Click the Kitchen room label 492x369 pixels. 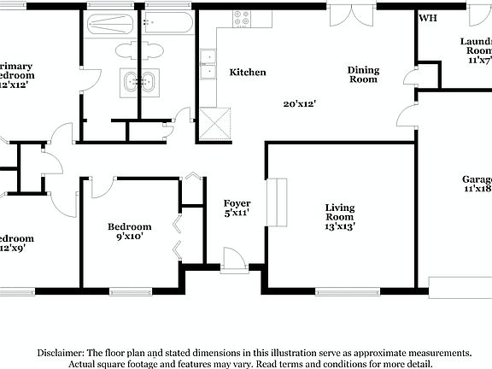click(248, 73)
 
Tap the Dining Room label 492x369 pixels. click(362, 74)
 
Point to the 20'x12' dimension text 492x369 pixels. click(301, 103)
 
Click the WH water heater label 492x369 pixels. click(426, 18)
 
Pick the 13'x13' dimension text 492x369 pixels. click(340, 226)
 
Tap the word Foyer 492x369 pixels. click(237, 202)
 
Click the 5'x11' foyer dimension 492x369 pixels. click(237, 213)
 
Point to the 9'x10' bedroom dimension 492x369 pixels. click(130, 237)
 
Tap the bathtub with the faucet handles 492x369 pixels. click(169, 22)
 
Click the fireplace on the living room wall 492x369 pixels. click(276, 203)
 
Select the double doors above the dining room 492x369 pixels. click(350, 15)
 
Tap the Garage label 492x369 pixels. click(477, 179)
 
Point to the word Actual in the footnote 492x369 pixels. click(85, 364)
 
